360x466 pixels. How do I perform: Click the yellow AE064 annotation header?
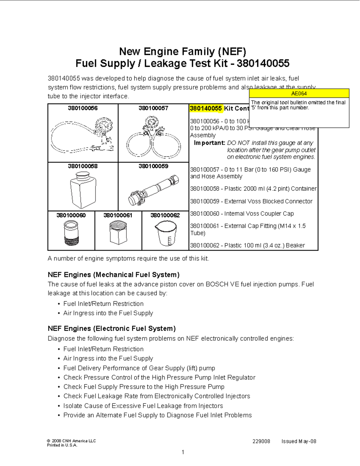pyautogui.click(x=299, y=93)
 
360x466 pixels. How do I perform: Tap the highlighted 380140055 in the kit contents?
pyautogui.click(x=206, y=108)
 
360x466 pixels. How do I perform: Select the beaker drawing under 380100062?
pyautogui.click(x=165, y=233)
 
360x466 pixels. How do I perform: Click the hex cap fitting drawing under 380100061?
pyautogui.click(x=118, y=233)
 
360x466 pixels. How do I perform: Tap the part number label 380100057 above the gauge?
pyautogui.click(x=153, y=108)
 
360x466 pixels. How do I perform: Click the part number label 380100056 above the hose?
pyautogui.click(x=82, y=108)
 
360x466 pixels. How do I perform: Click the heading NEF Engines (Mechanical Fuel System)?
pyautogui.click(x=113, y=275)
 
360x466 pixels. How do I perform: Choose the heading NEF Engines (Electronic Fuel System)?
pyautogui.click(x=112, y=329)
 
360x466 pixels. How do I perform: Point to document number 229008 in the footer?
pyautogui.click(x=261, y=441)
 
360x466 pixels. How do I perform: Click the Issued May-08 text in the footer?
pyautogui.click(x=298, y=441)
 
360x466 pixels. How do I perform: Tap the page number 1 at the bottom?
pyautogui.click(x=183, y=452)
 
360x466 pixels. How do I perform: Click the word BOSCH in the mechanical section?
pyautogui.click(x=217, y=284)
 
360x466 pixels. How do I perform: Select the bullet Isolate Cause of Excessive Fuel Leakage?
pyautogui.click(x=143, y=406)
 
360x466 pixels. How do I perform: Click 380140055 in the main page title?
pyautogui.click(x=263, y=63)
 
